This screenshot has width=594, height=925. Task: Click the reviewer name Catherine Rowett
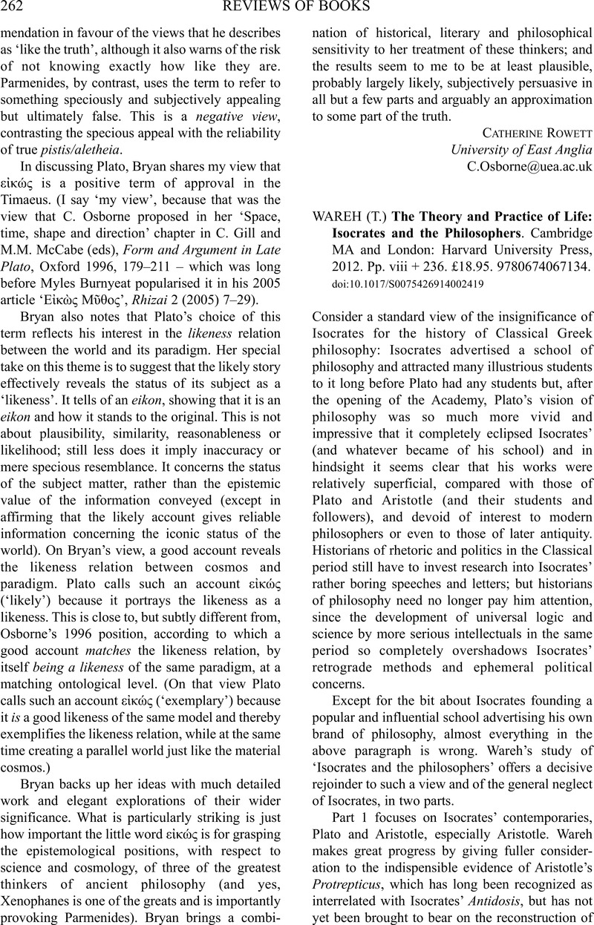[529, 134]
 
